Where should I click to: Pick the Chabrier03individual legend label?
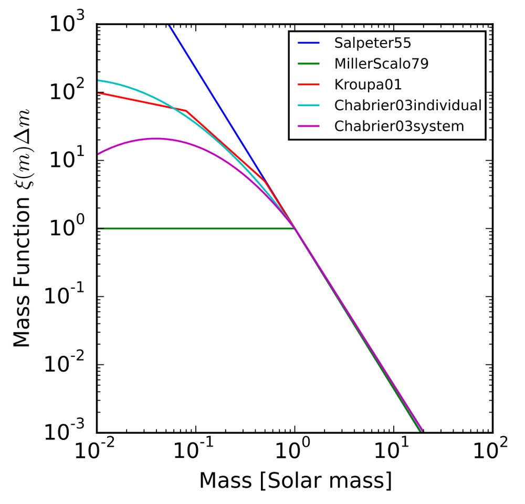(407, 106)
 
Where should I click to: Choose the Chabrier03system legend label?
(399, 127)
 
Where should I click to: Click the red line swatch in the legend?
(309, 85)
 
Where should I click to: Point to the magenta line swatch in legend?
(309, 127)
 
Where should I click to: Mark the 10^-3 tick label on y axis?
(68, 433)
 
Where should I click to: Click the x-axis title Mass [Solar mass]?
(295, 480)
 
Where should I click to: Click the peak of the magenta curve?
(155, 139)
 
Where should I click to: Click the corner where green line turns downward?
(295, 228)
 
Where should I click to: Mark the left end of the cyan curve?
(98, 80)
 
